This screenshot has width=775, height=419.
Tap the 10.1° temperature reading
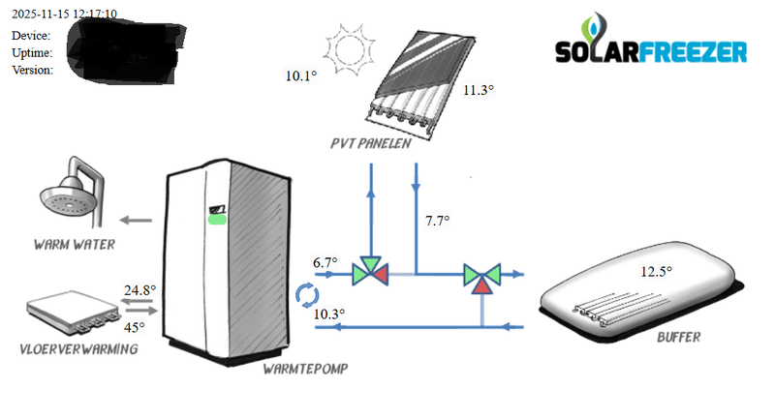pos(300,75)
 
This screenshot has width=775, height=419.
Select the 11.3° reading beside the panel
pos(478,90)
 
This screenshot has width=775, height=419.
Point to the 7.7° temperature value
pos(438,222)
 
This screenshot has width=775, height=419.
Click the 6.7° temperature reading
pos(325,262)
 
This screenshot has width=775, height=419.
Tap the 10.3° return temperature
pos(329,314)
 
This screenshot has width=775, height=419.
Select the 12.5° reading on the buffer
pos(656,271)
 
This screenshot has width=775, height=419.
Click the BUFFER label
pos(678,337)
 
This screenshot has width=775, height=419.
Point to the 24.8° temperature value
pos(139,289)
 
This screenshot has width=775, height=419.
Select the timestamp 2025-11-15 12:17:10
pos(65,15)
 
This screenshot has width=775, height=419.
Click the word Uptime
pos(32,52)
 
